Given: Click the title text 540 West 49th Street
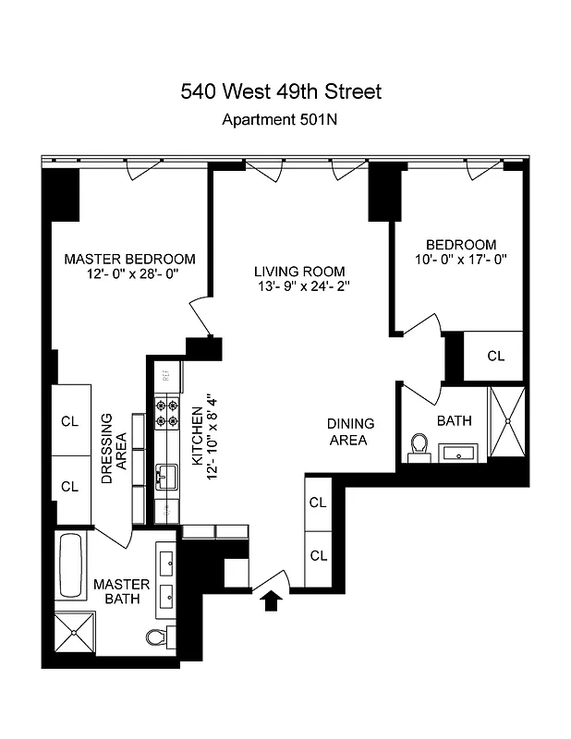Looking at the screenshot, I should [x=281, y=91].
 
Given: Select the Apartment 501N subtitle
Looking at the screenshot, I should [x=281, y=119].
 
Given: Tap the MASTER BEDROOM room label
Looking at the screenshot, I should [x=129, y=259].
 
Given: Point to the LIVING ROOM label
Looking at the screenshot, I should [x=299, y=272].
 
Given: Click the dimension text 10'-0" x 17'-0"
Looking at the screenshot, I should [x=461, y=260].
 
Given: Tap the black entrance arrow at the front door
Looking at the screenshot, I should [x=271, y=601].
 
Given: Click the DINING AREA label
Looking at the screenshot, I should [x=351, y=431].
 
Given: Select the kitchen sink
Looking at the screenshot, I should [x=166, y=477].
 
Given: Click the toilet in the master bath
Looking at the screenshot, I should [x=160, y=636].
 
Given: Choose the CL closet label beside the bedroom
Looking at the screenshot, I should [x=496, y=356].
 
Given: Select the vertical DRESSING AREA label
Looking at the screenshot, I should [x=114, y=449].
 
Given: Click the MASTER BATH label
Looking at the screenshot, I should [x=116, y=592].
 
